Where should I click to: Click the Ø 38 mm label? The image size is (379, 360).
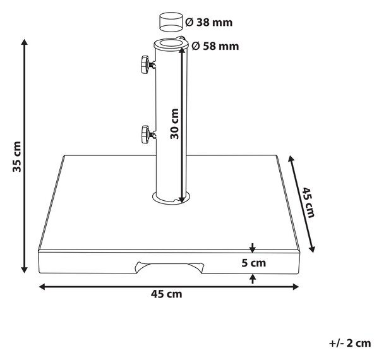pyautogui.click(x=208, y=23)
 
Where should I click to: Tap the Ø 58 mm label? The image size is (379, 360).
pyautogui.click(x=215, y=46)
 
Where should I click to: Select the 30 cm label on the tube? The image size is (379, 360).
pyautogui.click(x=174, y=124)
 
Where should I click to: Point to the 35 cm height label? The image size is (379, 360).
pyautogui.click(x=17, y=157)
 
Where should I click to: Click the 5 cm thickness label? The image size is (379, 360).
pyautogui.click(x=253, y=263)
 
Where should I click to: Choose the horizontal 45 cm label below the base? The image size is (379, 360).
pyautogui.click(x=167, y=294)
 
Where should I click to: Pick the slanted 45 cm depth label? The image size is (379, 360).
pyautogui.click(x=308, y=203)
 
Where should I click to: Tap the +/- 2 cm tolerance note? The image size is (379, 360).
pyautogui.click(x=350, y=343)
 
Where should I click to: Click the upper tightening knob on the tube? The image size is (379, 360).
pyautogui.click(x=147, y=64)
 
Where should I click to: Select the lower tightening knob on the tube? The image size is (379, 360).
pyautogui.click(x=147, y=135)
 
